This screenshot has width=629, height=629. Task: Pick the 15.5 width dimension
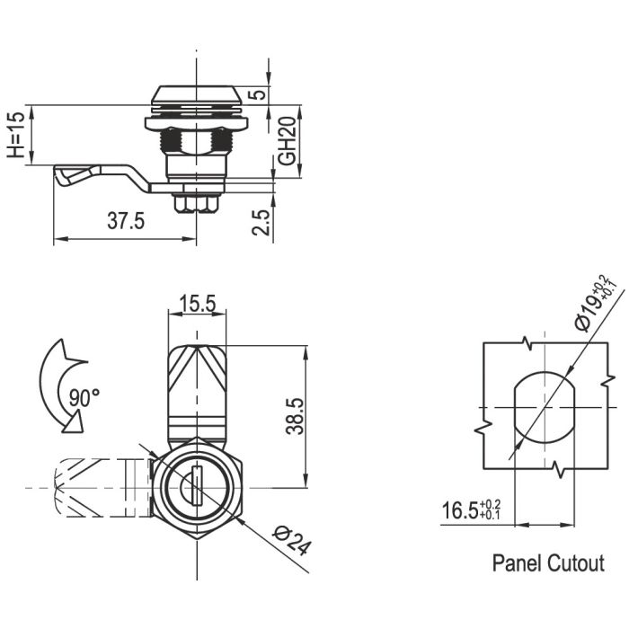[x=195, y=304]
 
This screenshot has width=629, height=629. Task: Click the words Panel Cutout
[x=548, y=563]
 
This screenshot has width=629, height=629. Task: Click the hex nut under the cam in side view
[x=195, y=203]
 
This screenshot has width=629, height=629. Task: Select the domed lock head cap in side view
[x=195, y=95]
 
